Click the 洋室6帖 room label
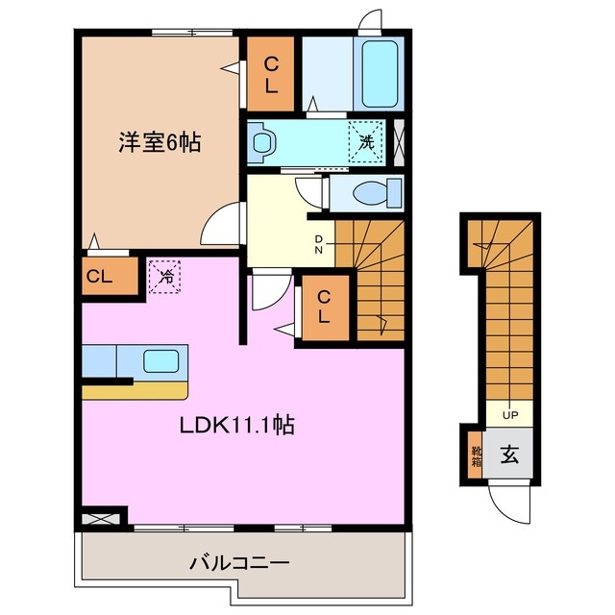coord(159,143)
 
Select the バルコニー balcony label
coord(239,562)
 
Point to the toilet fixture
coord(369,193)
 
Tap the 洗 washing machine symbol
coord(366,139)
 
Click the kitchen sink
coord(160,361)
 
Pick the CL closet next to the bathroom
coord(272,74)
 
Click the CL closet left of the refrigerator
coord(100,277)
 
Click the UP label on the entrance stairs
coord(509,415)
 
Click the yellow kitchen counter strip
coord(134,390)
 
